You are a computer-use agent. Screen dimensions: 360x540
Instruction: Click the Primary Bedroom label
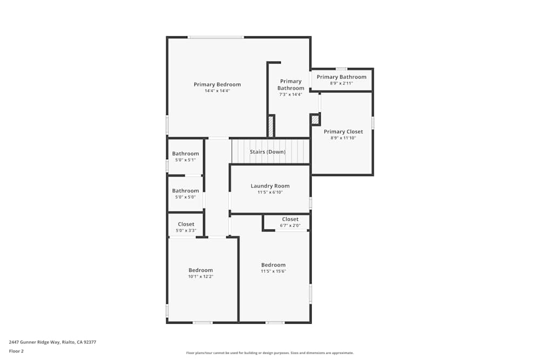point(217,84)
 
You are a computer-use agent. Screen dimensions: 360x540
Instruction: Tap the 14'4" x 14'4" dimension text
point(217,91)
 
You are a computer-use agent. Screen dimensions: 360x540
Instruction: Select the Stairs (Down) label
point(267,152)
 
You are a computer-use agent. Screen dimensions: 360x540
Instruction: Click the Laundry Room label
point(270,186)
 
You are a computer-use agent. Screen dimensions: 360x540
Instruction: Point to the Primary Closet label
point(343,131)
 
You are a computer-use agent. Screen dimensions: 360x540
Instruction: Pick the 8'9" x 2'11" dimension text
point(341,83)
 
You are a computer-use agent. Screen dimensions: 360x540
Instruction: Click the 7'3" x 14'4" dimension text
point(291,94)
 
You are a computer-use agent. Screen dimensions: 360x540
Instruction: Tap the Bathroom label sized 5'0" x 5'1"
point(185,153)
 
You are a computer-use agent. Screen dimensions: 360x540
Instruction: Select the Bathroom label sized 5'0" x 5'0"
point(185,191)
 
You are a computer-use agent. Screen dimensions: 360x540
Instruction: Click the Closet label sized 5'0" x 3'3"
point(186,224)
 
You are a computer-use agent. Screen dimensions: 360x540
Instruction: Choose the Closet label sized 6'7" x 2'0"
point(290,219)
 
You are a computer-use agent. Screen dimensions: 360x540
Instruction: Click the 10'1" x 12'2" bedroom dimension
point(200,276)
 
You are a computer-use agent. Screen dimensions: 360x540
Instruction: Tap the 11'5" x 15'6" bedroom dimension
point(273,271)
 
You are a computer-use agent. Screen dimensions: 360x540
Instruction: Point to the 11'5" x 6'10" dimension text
point(270,192)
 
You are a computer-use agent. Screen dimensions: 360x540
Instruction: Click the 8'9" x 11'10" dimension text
point(343,138)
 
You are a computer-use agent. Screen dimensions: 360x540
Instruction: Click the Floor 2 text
point(16,351)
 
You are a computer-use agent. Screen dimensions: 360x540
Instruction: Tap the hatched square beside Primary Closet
point(315,120)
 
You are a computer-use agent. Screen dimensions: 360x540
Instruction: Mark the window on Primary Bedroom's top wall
point(216,37)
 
